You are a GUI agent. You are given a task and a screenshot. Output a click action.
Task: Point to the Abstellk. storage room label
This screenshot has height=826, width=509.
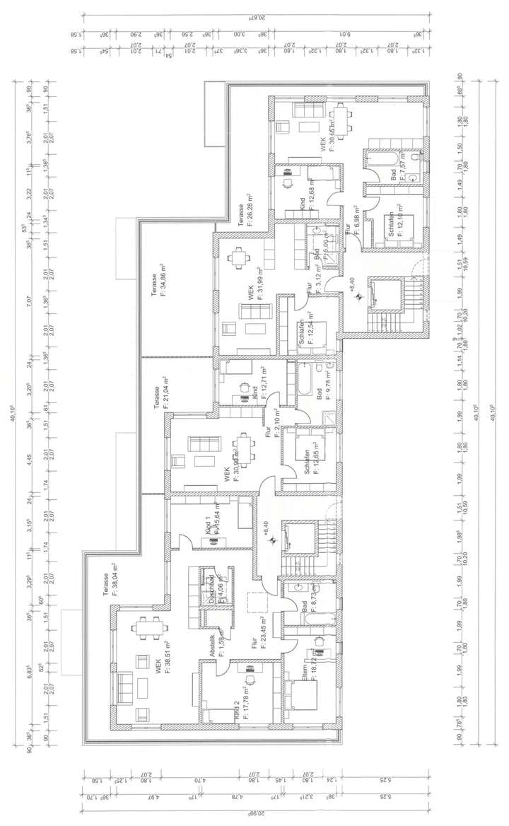[x=215, y=641]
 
